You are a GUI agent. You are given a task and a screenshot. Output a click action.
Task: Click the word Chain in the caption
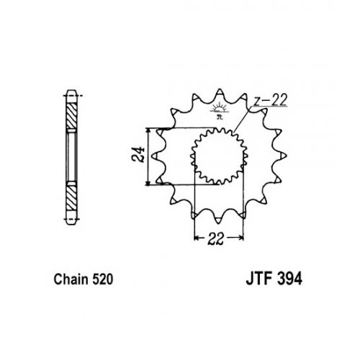tap(71, 279)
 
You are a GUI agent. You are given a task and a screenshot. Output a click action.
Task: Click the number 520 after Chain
tap(102, 279)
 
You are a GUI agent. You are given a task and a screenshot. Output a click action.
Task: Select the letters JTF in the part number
tap(259, 279)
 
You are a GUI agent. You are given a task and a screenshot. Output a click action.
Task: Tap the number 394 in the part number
tap(289, 279)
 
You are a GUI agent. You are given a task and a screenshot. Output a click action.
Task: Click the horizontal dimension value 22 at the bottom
tap(216, 239)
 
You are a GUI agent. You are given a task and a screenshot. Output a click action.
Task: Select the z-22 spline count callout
tap(271, 100)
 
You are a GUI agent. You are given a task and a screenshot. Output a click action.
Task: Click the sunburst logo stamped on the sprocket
tap(219, 110)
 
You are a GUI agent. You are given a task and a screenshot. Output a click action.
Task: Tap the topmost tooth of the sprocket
tap(220, 93)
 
